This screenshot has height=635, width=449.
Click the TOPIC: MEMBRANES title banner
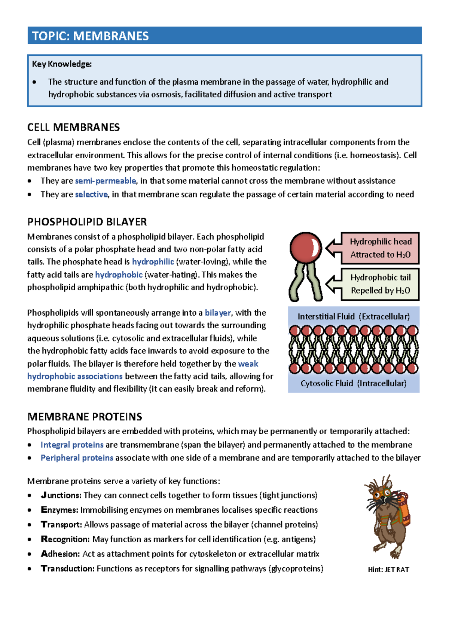coord(224,36)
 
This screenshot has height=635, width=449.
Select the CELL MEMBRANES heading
coord(73,128)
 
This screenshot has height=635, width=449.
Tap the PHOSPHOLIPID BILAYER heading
coord(87,222)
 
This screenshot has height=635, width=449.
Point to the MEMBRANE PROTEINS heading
coord(85,417)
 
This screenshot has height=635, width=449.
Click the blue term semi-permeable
coord(106,181)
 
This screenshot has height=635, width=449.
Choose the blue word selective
coord(91,194)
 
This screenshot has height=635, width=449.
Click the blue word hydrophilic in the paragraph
coord(153,262)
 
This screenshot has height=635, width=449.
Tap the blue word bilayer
coord(218,313)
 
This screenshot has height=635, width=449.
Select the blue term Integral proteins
coord(72,445)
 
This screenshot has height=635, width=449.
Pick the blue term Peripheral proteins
coord(77,458)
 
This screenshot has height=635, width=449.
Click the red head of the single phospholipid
coord(305,247)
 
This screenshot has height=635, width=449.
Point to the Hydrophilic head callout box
coord(380,248)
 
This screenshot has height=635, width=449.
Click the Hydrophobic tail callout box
coord(380,284)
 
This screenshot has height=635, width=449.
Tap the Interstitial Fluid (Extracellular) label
coord(354,316)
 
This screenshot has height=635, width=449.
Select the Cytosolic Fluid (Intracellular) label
coord(354,383)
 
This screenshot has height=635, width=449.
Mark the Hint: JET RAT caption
coord(388,570)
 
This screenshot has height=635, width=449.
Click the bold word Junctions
coord(61,496)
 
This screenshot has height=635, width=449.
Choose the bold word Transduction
coord(68,568)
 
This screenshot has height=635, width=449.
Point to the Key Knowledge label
coord(62,64)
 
